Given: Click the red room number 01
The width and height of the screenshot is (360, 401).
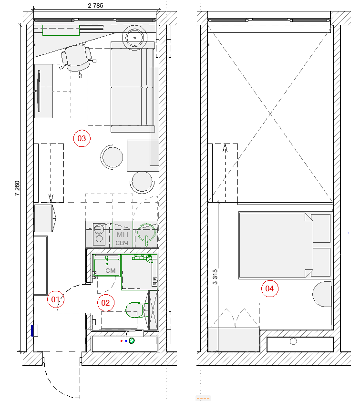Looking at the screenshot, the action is tap(55, 299).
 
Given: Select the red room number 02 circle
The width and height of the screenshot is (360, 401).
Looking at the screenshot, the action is tap(105, 303).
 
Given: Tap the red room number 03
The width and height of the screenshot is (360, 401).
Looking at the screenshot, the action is tap(82, 138).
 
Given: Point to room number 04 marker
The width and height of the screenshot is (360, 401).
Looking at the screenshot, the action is tap(269, 288).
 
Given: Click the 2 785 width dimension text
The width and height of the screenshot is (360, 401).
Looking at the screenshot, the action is tap(95, 6).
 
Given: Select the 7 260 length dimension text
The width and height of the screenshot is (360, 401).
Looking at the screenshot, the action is tap(17, 188).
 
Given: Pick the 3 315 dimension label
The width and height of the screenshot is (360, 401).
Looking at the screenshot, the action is tap(215, 277).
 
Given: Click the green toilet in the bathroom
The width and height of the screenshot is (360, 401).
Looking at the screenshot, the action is tap(137, 310).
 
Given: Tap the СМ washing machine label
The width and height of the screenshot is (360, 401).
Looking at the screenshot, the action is tap(111, 270).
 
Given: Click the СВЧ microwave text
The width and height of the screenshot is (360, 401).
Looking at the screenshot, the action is tap(122, 243).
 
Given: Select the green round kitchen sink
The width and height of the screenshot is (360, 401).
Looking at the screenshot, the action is tap(146, 233).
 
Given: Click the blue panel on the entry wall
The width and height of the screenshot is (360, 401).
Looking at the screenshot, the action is tap(32, 330).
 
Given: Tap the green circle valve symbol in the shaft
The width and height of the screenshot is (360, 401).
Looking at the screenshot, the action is tap(132, 340).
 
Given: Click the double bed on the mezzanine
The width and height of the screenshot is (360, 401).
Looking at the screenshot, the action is tap(276, 245).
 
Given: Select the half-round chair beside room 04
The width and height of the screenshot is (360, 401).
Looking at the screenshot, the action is tap(322, 294).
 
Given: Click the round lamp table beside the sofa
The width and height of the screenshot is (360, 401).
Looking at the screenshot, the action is tap(134, 38).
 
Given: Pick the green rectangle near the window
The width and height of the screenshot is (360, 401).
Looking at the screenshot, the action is tap(61, 30).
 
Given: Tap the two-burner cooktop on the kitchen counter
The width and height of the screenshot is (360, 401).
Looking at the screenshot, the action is tap(99, 234).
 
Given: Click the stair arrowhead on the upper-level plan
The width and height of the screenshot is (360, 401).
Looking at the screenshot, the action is tap(225, 147).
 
